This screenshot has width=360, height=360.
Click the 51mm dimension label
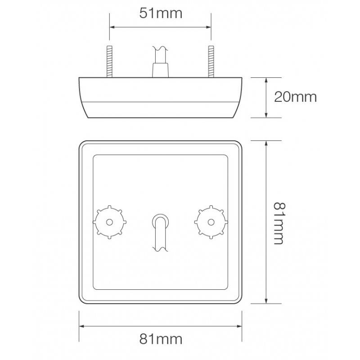(x=161, y=13)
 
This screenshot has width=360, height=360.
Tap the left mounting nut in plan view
(x=110, y=221)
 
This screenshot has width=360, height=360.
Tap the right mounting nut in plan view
(x=211, y=221)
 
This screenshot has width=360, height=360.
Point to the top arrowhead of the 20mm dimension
(x=267, y=80)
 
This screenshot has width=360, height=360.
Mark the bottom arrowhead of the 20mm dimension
(x=267, y=115)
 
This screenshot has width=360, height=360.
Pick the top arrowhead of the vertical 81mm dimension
(x=267, y=142)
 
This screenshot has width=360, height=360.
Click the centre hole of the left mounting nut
(x=110, y=221)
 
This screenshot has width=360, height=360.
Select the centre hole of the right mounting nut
(x=211, y=221)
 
